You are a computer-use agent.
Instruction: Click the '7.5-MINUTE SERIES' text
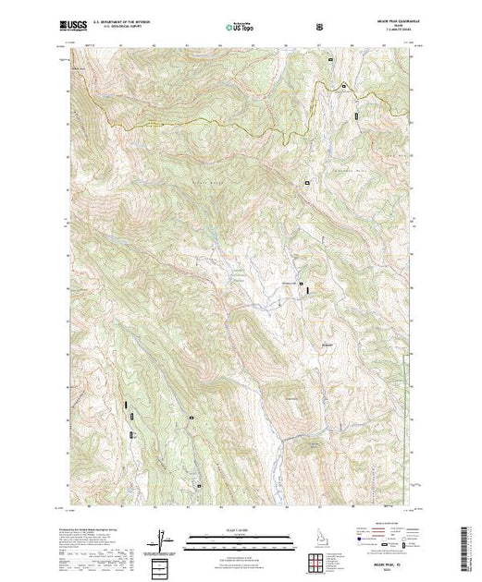395,33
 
